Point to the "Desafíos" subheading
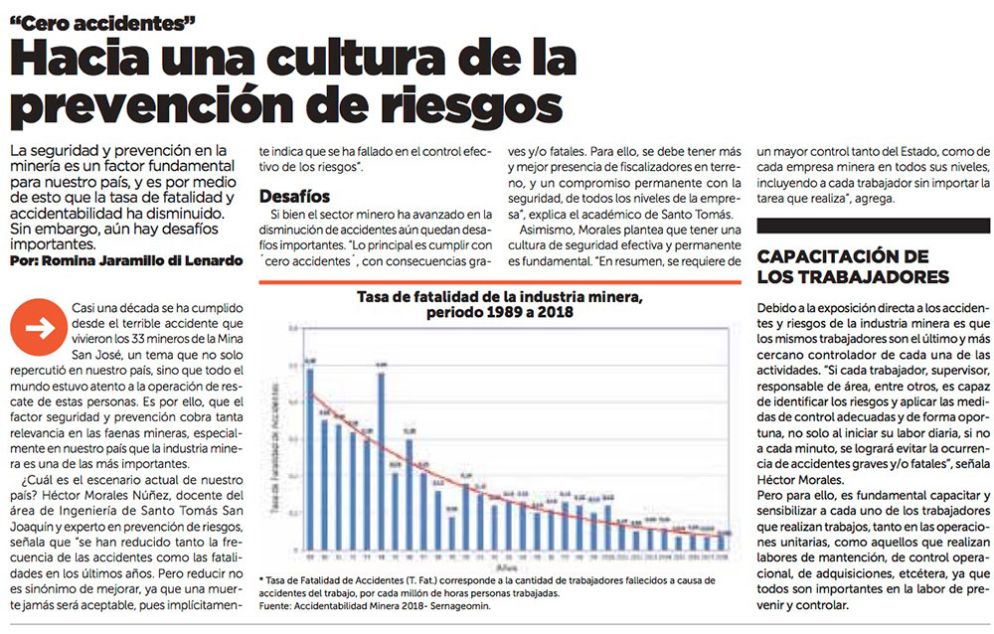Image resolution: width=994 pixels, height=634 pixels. pos(294,197)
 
